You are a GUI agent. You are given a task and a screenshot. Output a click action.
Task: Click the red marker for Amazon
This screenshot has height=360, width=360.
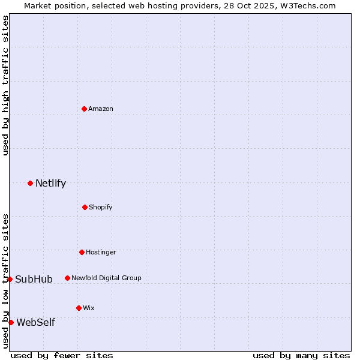[84, 109]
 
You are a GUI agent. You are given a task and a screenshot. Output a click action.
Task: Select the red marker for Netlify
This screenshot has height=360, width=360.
[30, 183]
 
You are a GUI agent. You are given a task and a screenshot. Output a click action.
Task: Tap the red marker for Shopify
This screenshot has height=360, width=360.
[85, 207]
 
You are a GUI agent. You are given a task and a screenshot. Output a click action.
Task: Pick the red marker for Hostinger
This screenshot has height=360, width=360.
[82, 252]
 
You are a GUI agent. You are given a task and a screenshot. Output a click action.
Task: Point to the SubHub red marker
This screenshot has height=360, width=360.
[10, 279]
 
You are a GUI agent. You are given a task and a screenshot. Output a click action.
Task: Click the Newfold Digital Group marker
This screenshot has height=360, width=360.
[67, 278]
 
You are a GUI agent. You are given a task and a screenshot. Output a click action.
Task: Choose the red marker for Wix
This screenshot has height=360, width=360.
[79, 308]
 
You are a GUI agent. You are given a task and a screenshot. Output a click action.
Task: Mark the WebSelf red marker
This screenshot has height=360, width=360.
[11, 322]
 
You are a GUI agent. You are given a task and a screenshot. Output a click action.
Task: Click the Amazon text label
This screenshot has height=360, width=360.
[101, 109]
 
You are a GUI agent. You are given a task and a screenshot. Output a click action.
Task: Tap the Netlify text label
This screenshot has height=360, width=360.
[50, 184]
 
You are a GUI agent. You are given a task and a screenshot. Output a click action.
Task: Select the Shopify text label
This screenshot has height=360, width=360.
[101, 207]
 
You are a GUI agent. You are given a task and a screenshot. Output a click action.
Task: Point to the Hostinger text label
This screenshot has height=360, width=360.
[101, 252]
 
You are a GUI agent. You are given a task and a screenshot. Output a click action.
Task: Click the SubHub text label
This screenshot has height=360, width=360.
[34, 279]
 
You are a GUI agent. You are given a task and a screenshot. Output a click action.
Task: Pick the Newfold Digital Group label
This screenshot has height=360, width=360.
[106, 278]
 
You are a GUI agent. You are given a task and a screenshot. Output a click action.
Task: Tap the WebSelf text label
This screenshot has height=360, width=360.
[35, 323]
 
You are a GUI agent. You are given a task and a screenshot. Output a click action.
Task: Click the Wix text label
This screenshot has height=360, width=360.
[88, 308]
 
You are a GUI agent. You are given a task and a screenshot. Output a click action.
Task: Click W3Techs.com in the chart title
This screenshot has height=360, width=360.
[305, 5]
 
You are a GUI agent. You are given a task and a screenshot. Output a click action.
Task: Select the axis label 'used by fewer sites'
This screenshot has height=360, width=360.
[62, 355]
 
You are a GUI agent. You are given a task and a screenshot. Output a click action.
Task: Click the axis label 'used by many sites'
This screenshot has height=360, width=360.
[301, 355]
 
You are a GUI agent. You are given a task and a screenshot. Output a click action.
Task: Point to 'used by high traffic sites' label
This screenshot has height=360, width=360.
[5, 85]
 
